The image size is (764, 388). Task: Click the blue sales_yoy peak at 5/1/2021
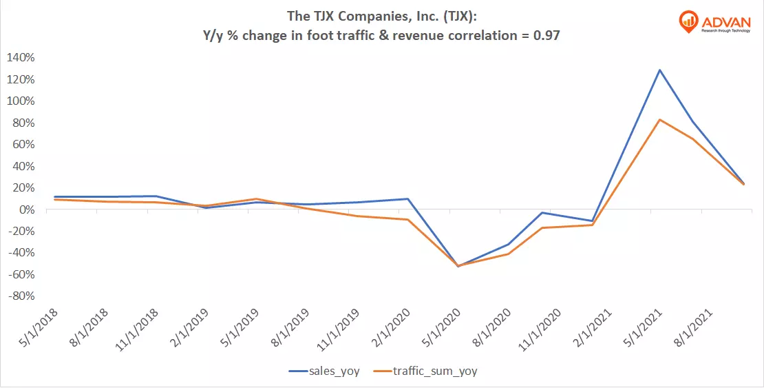[660, 70]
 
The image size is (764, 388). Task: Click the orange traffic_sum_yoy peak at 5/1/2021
[660, 120]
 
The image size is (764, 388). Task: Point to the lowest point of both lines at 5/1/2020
[458, 266]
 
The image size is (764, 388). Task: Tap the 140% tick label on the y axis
[21, 58]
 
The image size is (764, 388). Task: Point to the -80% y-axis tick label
[21, 296]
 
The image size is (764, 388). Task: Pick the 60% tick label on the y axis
[23, 145]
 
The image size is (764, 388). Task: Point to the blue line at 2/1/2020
[407, 199]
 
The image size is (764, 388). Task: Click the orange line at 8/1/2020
[509, 254]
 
